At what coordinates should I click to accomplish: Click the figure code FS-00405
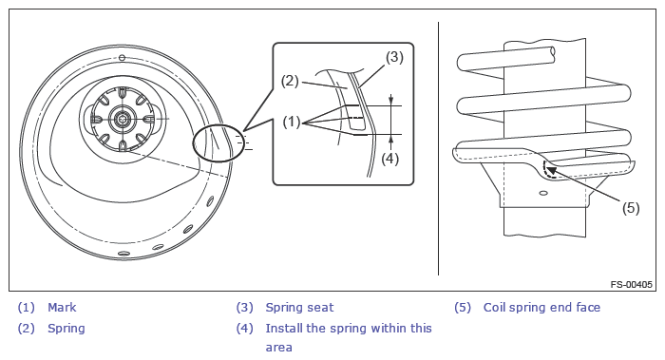point(631,285)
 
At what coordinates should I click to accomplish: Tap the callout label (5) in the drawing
point(631,208)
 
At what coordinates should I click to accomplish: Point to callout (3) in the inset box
point(394,57)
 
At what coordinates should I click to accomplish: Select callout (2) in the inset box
point(290,81)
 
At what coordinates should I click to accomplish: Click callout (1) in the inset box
point(292,123)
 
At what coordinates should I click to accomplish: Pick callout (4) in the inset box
point(389,159)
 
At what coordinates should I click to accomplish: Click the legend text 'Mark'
point(62,308)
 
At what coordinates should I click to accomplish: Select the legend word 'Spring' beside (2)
point(66,329)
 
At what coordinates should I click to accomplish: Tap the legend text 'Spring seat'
point(299,308)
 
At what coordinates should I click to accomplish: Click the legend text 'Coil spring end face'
point(542,308)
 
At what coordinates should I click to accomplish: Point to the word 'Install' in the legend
point(284,329)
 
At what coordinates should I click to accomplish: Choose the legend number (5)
point(463,308)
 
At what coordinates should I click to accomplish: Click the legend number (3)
point(245,308)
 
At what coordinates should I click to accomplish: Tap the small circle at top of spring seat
point(122,58)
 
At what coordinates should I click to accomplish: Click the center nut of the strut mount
point(123,119)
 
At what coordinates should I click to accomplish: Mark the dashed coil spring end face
point(547,170)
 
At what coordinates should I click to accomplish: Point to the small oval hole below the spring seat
point(542,194)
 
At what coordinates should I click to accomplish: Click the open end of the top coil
point(552,51)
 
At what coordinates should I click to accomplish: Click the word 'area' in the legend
point(278,348)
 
